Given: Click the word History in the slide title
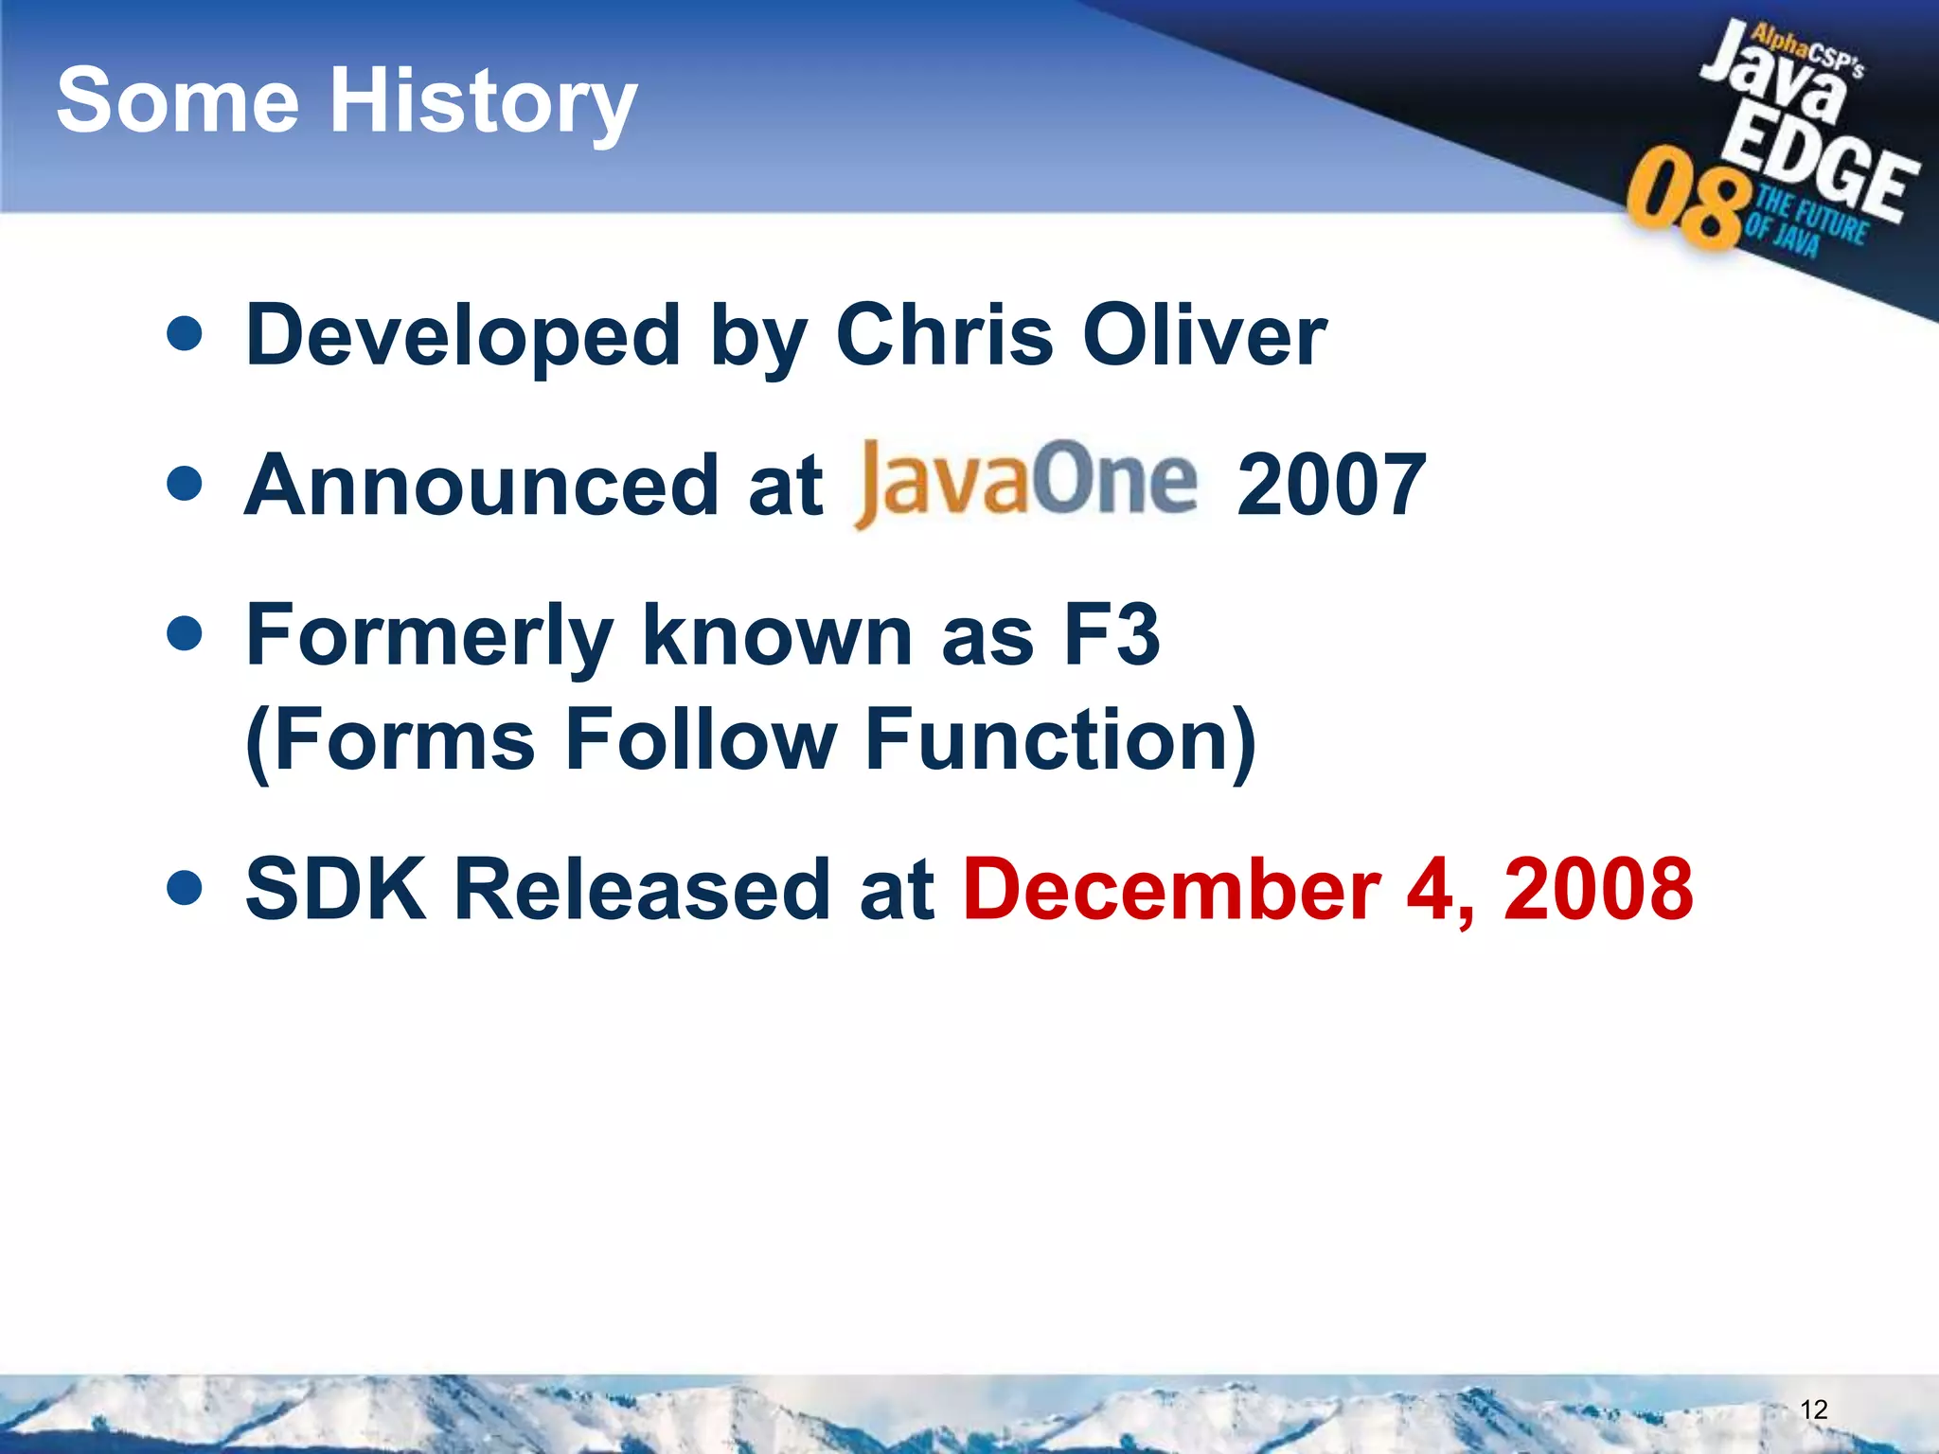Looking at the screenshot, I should click(x=482, y=102).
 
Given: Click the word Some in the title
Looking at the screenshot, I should click(x=178, y=100).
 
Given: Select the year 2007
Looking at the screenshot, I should click(x=1330, y=485).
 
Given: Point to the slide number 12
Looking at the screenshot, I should click(x=1813, y=1410).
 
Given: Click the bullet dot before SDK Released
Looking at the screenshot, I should click(x=184, y=888).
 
